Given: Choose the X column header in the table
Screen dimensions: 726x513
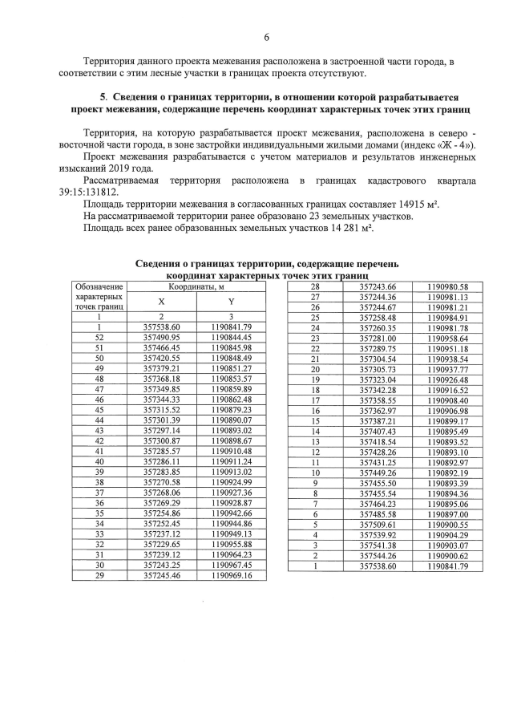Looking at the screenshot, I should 161,302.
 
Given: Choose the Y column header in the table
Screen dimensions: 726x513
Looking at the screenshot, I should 231,302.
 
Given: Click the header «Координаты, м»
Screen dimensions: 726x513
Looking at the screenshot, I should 196,286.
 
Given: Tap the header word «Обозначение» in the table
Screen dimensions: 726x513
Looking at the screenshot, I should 99,286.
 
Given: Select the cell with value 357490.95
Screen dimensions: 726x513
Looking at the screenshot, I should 161,338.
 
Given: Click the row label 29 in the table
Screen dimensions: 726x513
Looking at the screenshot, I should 99,574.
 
